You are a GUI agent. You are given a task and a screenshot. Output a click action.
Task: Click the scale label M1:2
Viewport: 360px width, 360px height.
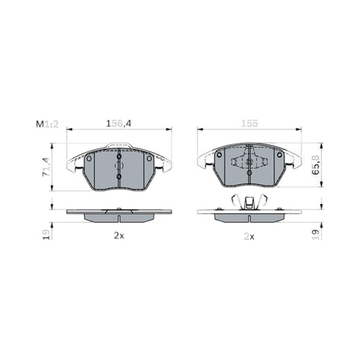(x=47, y=124)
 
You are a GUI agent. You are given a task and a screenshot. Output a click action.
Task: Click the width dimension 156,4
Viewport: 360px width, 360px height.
(x=119, y=124)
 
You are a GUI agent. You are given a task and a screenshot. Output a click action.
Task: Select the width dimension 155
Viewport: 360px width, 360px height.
(x=249, y=123)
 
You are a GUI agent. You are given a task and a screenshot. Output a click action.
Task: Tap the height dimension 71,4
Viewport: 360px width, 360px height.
(x=46, y=166)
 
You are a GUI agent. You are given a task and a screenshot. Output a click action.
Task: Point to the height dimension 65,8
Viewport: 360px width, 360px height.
(x=316, y=165)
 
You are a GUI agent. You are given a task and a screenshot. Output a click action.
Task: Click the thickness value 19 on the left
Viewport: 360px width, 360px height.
(x=46, y=234)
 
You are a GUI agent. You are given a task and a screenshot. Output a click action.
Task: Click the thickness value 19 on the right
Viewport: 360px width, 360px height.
(x=316, y=234)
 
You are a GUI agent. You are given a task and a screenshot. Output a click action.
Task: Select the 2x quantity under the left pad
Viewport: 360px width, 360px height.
(x=119, y=235)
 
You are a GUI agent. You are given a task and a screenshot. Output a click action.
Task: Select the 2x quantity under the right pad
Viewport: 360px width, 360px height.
(x=249, y=236)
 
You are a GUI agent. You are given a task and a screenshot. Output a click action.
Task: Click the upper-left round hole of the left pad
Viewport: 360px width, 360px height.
(x=89, y=158)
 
